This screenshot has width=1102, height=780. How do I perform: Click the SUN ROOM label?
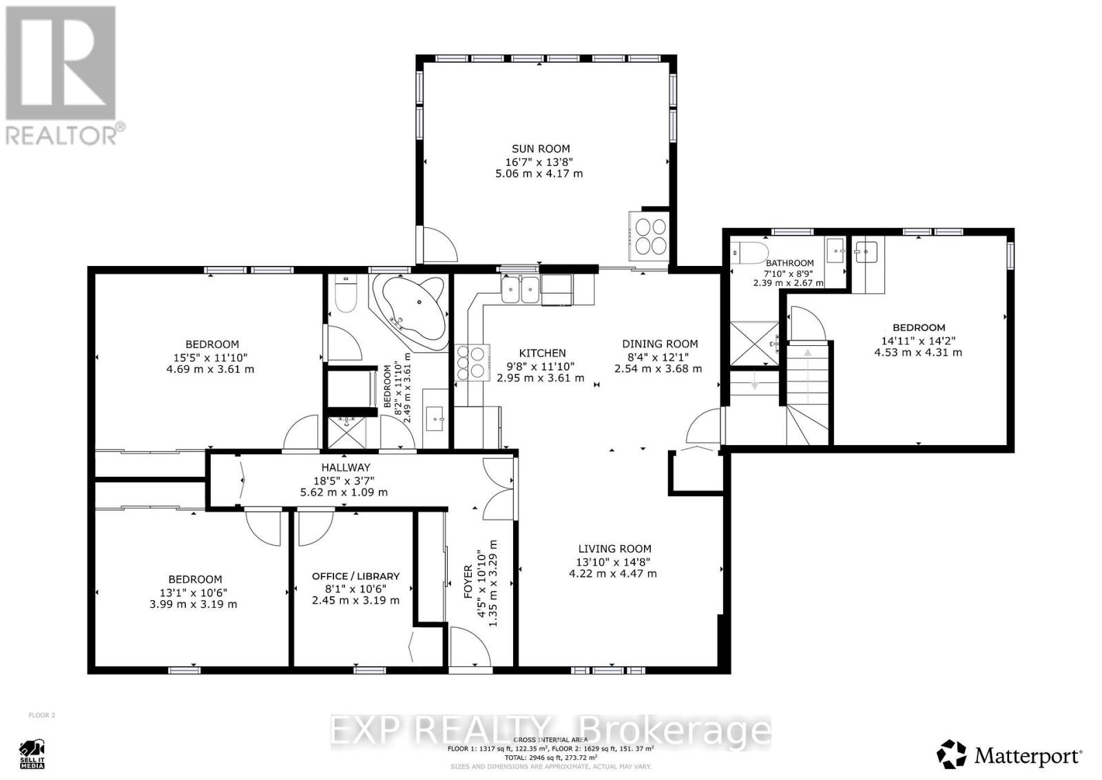tap(541, 148)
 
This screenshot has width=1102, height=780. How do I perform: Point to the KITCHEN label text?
tap(542, 353)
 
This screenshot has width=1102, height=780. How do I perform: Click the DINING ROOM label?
tap(659, 344)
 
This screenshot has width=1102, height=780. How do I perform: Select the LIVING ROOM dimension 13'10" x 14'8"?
tap(614, 562)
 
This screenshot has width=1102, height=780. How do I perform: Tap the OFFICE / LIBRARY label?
tap(355, 576)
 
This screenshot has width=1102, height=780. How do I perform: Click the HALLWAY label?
tap(345, 467)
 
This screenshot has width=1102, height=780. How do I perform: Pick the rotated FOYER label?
tap(468, 581)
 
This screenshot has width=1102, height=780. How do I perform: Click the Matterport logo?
tap(1009, 755)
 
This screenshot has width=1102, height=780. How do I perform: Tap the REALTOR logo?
tap(62, 76)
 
